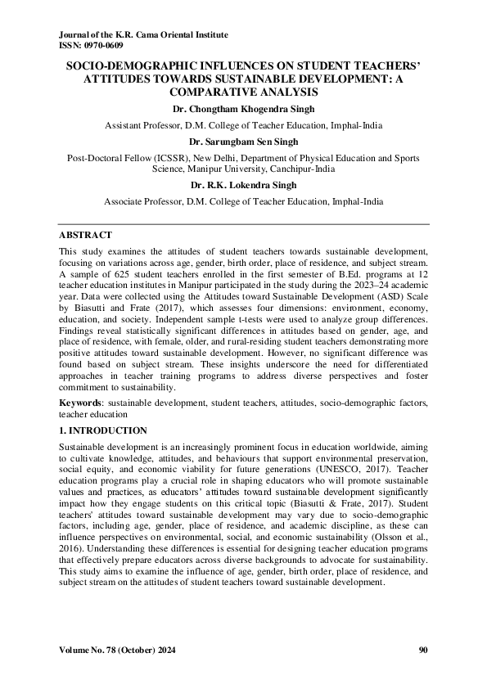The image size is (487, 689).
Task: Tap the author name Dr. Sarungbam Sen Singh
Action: tap(243, 141)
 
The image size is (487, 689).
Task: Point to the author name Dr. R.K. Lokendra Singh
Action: tap(243, 186)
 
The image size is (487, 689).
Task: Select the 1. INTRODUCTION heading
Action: tap(104, 430)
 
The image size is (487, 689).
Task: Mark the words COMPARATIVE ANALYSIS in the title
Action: tap(243, 94)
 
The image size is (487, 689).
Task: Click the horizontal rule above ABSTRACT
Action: tap(243, 222)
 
